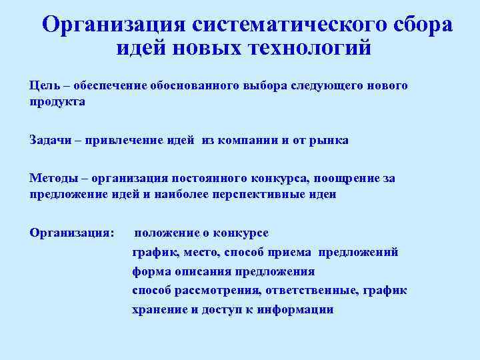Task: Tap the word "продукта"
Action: (57, 102)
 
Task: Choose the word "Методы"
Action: (53, 178)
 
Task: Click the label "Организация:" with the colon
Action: (72, 233)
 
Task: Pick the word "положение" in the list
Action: (167, 233)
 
